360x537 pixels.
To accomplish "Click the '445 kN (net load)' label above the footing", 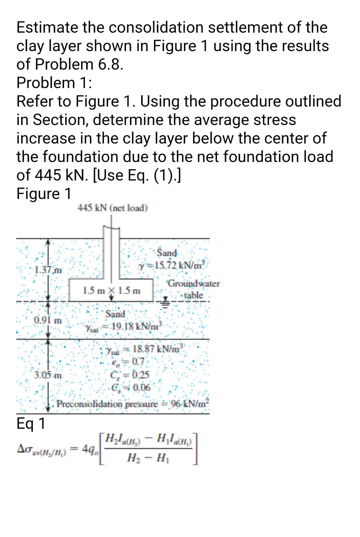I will coord(112,208).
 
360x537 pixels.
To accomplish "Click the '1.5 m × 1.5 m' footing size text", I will coord(111,291).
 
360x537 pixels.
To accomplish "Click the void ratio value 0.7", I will coord(138,361).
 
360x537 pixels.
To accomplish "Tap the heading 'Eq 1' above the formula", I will coord(31,424).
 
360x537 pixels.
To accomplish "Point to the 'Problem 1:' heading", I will coord(54,83).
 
